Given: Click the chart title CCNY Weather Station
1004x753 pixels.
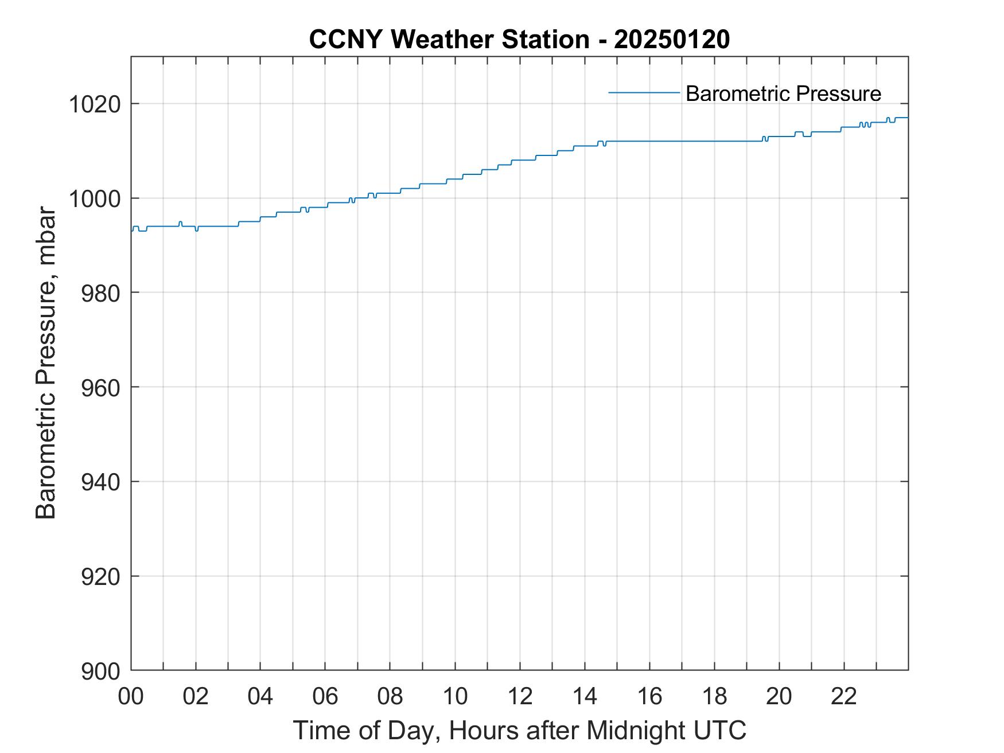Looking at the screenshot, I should point(449,40).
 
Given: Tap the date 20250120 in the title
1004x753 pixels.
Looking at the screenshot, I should point(671,40).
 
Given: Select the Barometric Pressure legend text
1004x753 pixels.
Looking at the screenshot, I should point(783,93).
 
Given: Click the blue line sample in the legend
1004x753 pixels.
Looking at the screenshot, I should point(644,92).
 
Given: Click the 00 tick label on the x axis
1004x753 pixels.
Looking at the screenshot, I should point(131,697).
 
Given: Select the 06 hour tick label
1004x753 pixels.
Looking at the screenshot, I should point(325,697).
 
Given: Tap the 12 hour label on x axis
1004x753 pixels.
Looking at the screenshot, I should point(520,697).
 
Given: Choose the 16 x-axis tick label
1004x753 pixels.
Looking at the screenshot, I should point(649,697).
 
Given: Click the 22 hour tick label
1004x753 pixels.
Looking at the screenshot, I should point(844,697).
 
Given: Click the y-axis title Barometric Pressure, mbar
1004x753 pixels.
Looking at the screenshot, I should point(46,363).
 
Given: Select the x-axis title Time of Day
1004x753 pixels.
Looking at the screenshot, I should point(368,730).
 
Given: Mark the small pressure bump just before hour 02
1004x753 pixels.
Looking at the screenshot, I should point(180,222).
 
